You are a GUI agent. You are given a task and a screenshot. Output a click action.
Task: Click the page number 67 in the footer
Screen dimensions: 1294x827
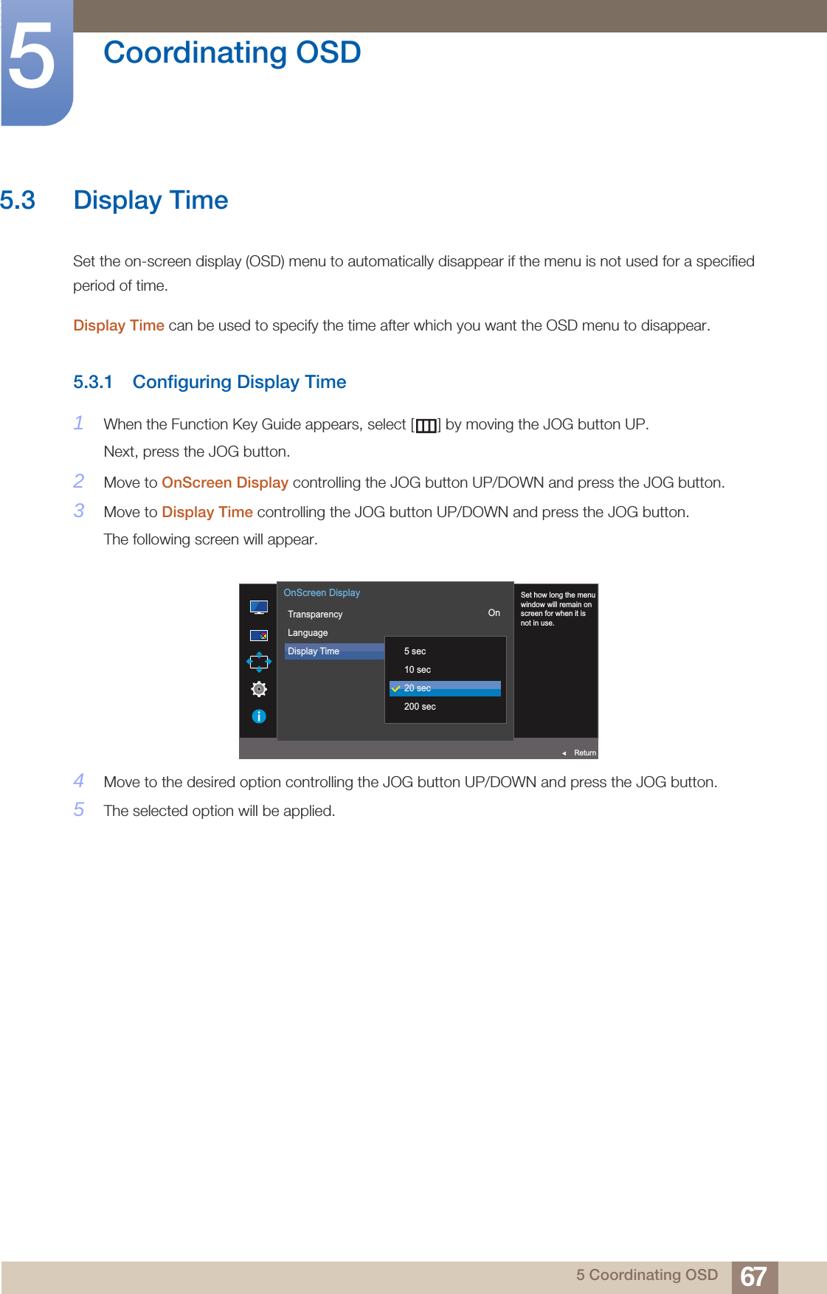pyautogui.click(x=753, y=1276)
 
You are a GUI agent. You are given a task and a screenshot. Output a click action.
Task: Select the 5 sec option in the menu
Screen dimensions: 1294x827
pyautogui.click(x=415, y=651)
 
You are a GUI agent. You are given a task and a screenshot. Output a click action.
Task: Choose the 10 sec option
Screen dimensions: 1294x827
pyautogui.click(x=417, y=670)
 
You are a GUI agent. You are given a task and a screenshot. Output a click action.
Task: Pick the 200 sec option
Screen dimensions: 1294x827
pyautogui.click(x=420, y=707)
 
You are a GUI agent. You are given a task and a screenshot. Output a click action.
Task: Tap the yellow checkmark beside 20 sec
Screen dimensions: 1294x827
pyautogui.click(x=396, y=688)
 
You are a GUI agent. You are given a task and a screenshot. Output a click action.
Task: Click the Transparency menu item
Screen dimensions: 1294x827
pyautogui.click(x=315, y=615)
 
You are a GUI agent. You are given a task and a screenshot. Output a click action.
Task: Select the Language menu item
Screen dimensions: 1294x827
pyautogui.click(x=308, y=633)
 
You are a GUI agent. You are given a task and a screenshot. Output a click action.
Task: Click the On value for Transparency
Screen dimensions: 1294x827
pyautogui.click(x=494, y=613)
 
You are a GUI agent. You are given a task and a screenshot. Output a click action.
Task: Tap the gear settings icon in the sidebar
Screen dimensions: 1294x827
pyautogui.click(x=259, y=689)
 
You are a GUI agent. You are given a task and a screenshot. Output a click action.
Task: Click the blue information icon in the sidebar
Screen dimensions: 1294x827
pyautogui.click(x=259, y=716)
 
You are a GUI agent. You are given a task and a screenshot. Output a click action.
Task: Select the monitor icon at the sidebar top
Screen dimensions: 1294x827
pyautogui.click(x=259, y=607)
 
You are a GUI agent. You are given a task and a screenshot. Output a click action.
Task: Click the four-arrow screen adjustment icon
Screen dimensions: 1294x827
pyautogui.click(x=259, y=662)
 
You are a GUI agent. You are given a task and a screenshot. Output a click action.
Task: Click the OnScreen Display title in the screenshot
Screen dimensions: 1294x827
pyautogui.click(x=322, y=593)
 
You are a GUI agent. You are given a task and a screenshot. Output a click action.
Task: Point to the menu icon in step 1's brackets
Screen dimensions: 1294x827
pyautogui.click(x=426, y=426)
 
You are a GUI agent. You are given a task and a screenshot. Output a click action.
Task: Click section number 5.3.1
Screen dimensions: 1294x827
pyautogui.click(x=93, y=382)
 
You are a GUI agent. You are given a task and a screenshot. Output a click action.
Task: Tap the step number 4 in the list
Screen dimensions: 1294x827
pyautogui.click(x=79, y=781)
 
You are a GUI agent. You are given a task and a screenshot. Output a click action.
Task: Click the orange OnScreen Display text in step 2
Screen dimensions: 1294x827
pyautogui.click(x=225, y=482)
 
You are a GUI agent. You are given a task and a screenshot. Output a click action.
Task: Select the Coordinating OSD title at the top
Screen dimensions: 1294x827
pyautogui.click(x=232, y=53)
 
